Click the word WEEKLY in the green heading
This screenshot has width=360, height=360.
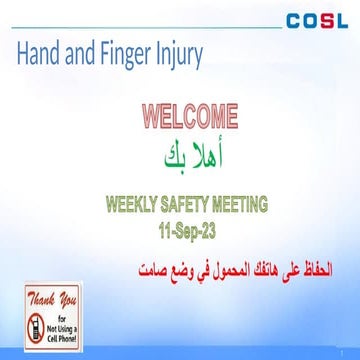pyautogui.click(x=139, y=207)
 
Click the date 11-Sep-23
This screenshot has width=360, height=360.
pyautogui.click(x=186, y=230)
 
